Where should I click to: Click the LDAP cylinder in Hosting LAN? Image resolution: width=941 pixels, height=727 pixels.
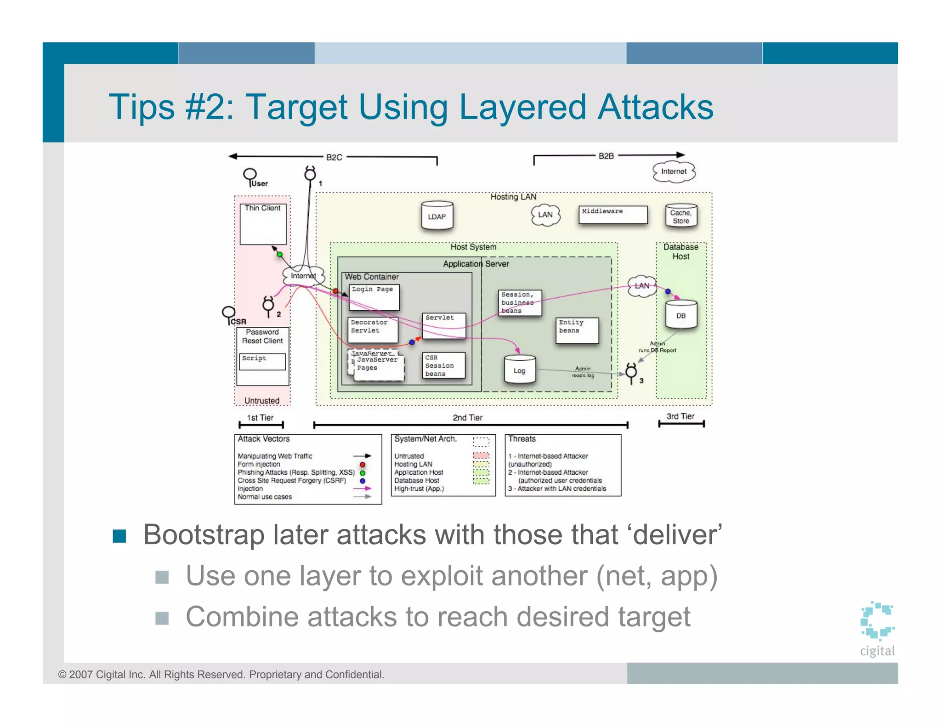pyautogui.click(x=437, y=216)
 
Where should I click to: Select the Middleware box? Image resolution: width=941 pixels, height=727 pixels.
pyautogui.click(x=612, y=215)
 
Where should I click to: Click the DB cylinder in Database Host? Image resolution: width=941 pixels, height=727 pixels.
pyautogui.click(x=681, y=315)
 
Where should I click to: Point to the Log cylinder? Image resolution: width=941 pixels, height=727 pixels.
pyautogui.click(x=520, y=370)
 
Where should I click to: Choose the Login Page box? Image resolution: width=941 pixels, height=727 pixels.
pyautogui.click(x=374, y=297)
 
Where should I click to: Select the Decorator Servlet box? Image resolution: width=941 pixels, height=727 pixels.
pyautogui.click(x=373, y=329)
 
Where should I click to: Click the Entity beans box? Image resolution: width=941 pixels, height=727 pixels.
pyautogui.click(x=577, y=330)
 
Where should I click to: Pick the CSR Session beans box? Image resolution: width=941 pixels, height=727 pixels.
pyautogui.click(x=443, y=365)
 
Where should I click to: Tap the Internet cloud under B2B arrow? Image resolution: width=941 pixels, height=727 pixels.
pyautogui.click(x=674, y=172)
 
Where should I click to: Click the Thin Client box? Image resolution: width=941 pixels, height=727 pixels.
pyautogui.click(x=263, y=224)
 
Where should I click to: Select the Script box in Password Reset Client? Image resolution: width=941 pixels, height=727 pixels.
pyautogui.click(x=262, y=361)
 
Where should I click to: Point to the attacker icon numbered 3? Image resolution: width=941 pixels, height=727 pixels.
pyautogui.click(x=631, y=372)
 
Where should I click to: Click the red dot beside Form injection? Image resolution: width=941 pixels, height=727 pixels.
pyautogui.click(x=363, y=465)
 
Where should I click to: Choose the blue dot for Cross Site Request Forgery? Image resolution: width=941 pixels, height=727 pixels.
pyautogui.click(x=363, y=481)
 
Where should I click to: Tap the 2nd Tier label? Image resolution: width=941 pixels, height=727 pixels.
pyautogui.click(x=467, y=417)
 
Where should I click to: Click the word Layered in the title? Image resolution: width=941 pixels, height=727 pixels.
pyautogui.click(x=523, y=107)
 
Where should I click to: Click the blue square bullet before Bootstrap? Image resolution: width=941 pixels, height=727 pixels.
pyautogui.click(x=119, y=536)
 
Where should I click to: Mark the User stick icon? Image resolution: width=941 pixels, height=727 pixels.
pyautogui.click(x=250, y=176)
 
